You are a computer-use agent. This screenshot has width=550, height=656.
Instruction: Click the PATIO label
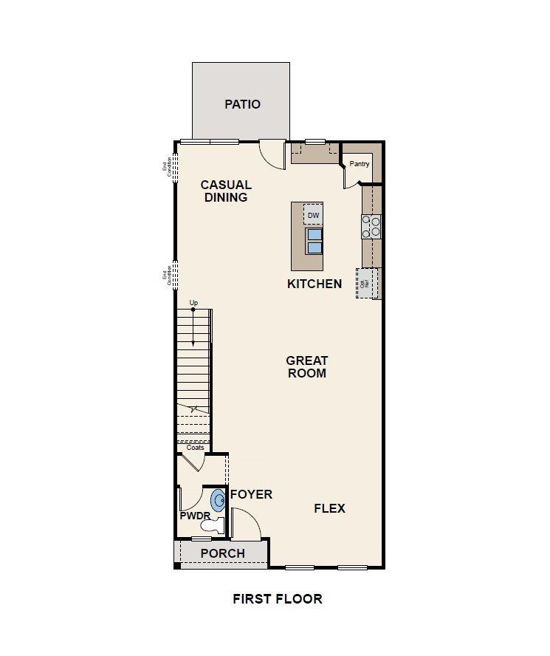[x=242, y=104]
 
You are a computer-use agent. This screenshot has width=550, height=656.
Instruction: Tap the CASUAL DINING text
[x=226, y=191]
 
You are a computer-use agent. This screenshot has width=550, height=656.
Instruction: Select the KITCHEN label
[x=314, y=284]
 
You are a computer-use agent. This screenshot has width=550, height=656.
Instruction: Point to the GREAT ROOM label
[x=307, y=366]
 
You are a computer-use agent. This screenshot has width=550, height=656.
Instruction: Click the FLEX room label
[x=329, y=508]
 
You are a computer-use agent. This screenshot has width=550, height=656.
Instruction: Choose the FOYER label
[x=251, y=494]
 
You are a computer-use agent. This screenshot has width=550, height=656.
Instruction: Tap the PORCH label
[x=223, y=553]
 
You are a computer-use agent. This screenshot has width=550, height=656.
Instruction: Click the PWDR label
[x=195, y=516]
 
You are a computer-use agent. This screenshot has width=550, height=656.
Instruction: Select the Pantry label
[x=360, y=164]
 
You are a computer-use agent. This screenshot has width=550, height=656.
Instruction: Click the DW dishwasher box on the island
[x=313, y=215]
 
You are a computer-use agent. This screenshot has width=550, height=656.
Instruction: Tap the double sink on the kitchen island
[x=314, y=241]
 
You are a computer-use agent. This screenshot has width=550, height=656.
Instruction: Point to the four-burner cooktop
[x=371, y=226]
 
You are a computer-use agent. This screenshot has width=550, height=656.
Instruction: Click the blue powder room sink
[x=219, y=499]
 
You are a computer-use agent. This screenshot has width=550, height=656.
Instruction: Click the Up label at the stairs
[x=193, y=303]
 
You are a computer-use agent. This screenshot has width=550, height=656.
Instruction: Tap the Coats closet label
[x=195, y=448]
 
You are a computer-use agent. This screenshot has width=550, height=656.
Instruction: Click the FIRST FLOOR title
[x=278, y=598]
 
